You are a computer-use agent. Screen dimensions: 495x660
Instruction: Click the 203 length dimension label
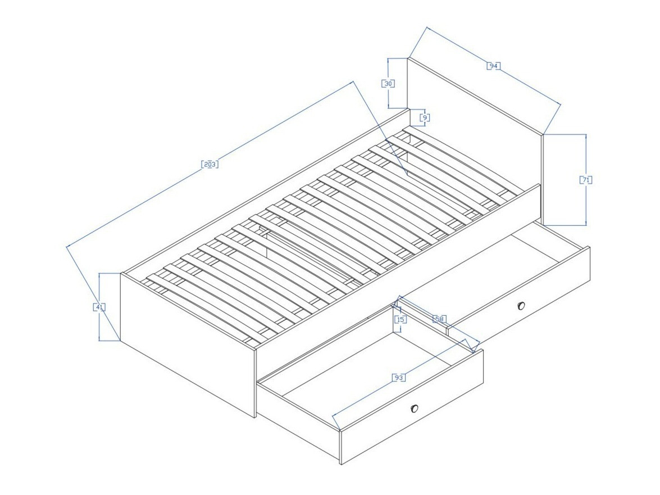coord(209,165)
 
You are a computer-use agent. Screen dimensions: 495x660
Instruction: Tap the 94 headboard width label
coord(493,66)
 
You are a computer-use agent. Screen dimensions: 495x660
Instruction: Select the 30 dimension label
coord(388,84)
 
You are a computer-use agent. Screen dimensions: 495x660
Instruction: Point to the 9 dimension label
coord(425,118)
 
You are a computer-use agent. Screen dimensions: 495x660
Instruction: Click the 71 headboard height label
coord(586,180)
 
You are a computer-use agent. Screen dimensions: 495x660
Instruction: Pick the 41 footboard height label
coord(99,307)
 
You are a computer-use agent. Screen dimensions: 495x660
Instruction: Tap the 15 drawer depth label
coord(400,320)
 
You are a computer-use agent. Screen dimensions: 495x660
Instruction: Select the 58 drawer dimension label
coord(440,319)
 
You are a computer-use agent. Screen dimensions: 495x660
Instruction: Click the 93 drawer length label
coord(398,378)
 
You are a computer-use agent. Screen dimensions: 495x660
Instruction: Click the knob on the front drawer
coord(415,408)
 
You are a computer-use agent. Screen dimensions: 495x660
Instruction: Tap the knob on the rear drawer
coord(521,306)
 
